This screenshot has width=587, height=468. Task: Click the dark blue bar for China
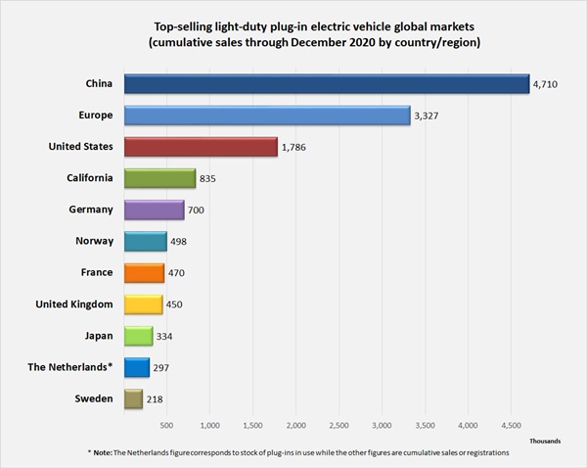click(326, 85)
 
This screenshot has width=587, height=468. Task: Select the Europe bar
click(266, 116)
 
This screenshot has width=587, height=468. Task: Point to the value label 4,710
click(544, 86)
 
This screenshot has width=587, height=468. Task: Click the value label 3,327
click(426, 117)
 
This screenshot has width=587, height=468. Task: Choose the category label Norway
click(94, 241)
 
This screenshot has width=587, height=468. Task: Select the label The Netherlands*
click(76, 366)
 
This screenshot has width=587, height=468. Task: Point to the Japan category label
click(96, 335)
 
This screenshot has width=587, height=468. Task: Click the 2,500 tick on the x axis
click(339, 426)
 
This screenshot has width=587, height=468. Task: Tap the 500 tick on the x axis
click(166, 426)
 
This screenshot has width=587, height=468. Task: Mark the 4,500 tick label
click(511, 426)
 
